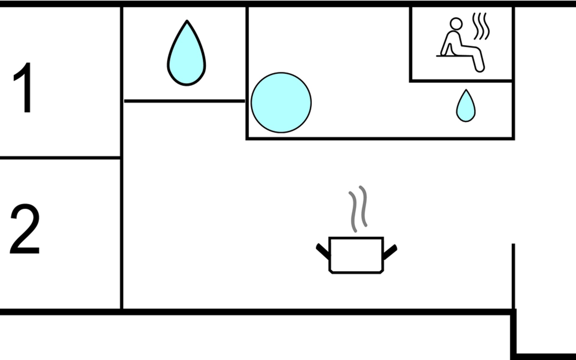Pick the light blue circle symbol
(x=281, y=103)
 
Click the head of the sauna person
(x=456, y=24)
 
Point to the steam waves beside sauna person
(x=481, y=26)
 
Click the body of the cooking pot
(x=356, y=255)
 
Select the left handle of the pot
(x=323, y=251)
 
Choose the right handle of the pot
(x=390, y=251)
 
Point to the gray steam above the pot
(x=358, y=208)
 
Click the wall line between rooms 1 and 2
(x=60, y=157)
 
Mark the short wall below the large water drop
(x=184, y=101)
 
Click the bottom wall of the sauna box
(x=461, y=81)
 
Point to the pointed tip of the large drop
(x=187, y=22)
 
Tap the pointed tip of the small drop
(x=466, y=90)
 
